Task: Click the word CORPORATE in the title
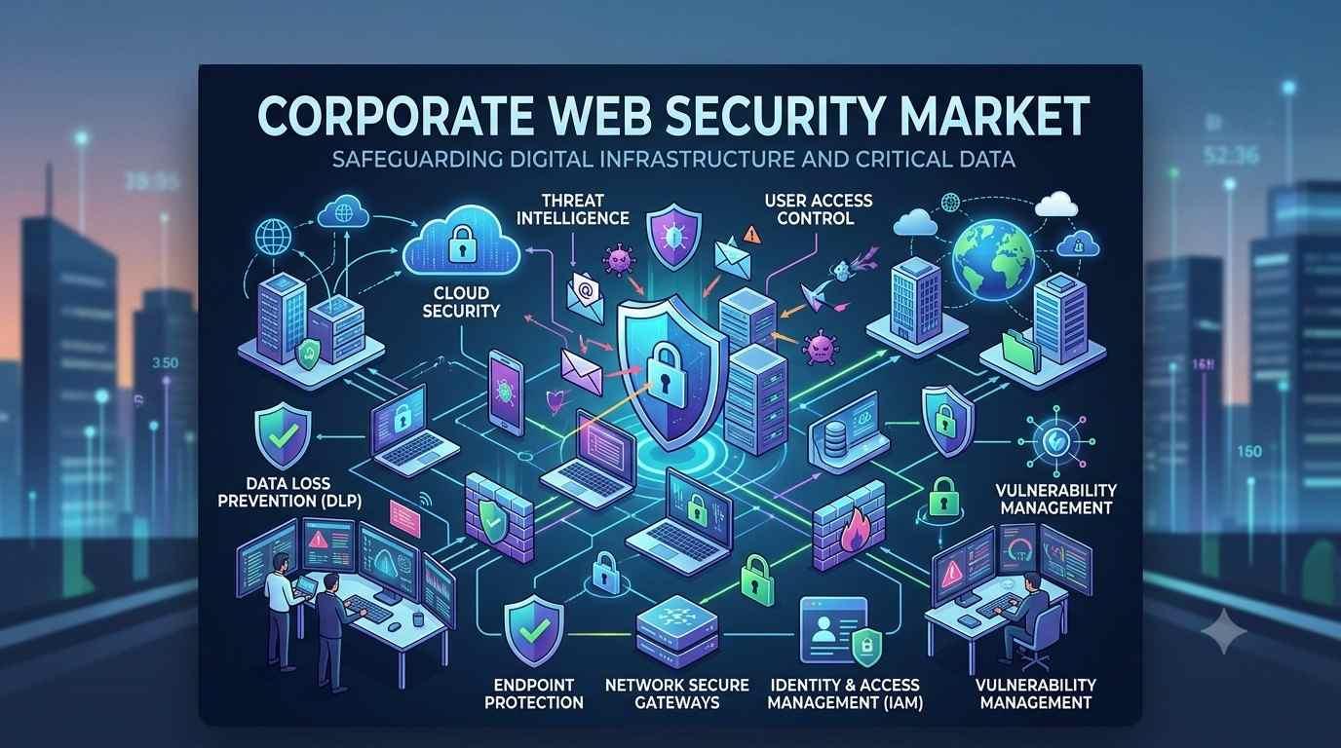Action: click(x=395, y=116)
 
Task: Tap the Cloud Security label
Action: click(x=461, y=302)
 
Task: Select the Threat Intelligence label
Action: click(x=572, y=208)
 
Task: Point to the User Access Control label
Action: click(x=818, y=208)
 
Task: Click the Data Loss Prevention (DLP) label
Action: click(x=289, y=492)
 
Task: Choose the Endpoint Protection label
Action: click(x=533, y=692)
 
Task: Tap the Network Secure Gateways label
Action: click(x=677, y=692)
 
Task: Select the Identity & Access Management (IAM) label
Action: click(x=845, y=692)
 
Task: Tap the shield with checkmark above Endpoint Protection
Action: click(x=533, y=629)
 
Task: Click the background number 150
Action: click(x=1248, y=451)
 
